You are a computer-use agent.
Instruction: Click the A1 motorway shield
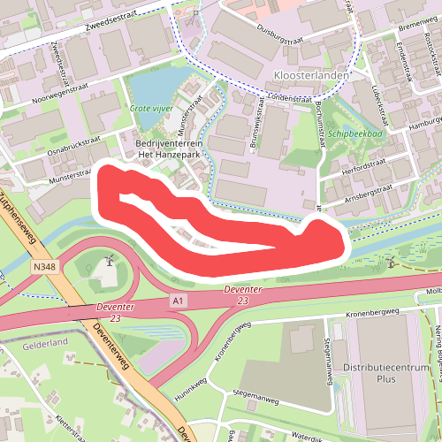point(179,302)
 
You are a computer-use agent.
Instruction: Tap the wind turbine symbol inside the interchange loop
point(108,261)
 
